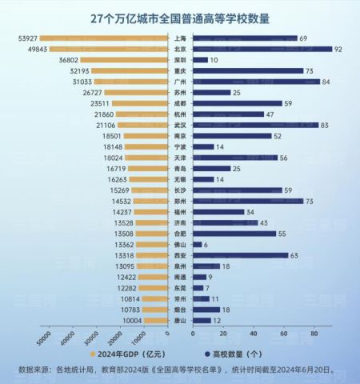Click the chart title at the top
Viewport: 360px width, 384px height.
click(x=180, y=18)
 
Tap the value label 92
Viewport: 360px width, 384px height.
click(x=339, y=49)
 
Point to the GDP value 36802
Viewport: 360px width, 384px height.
click(x=68, y=60)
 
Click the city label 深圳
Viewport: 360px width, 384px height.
click(x=181, y=60)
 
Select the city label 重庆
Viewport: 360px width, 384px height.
click(x=181, y=70)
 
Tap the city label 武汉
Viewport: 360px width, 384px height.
click(x=181, y=125)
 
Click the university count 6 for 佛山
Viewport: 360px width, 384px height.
click(x=206, y=244)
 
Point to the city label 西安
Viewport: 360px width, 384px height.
click(x=181, y=255)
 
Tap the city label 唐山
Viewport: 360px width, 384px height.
click(x=181, y=320)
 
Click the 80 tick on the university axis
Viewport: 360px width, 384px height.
click(x=315, y=332)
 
